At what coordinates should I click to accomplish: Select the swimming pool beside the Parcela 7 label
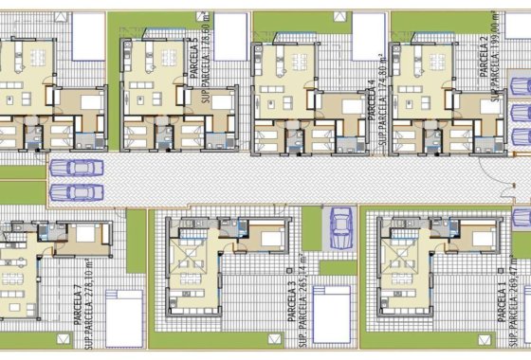click(x=123, y=317)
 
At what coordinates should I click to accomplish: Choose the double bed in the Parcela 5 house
click(x=222, y=102)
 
